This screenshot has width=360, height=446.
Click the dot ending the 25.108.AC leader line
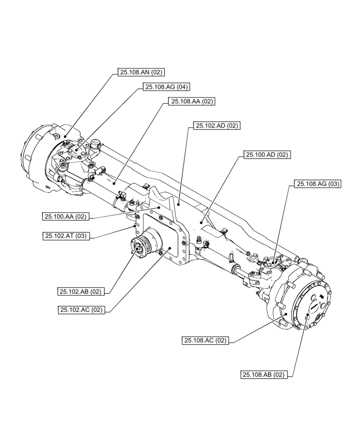coord(286,315)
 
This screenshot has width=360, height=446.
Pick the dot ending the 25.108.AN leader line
coord(65,136)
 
